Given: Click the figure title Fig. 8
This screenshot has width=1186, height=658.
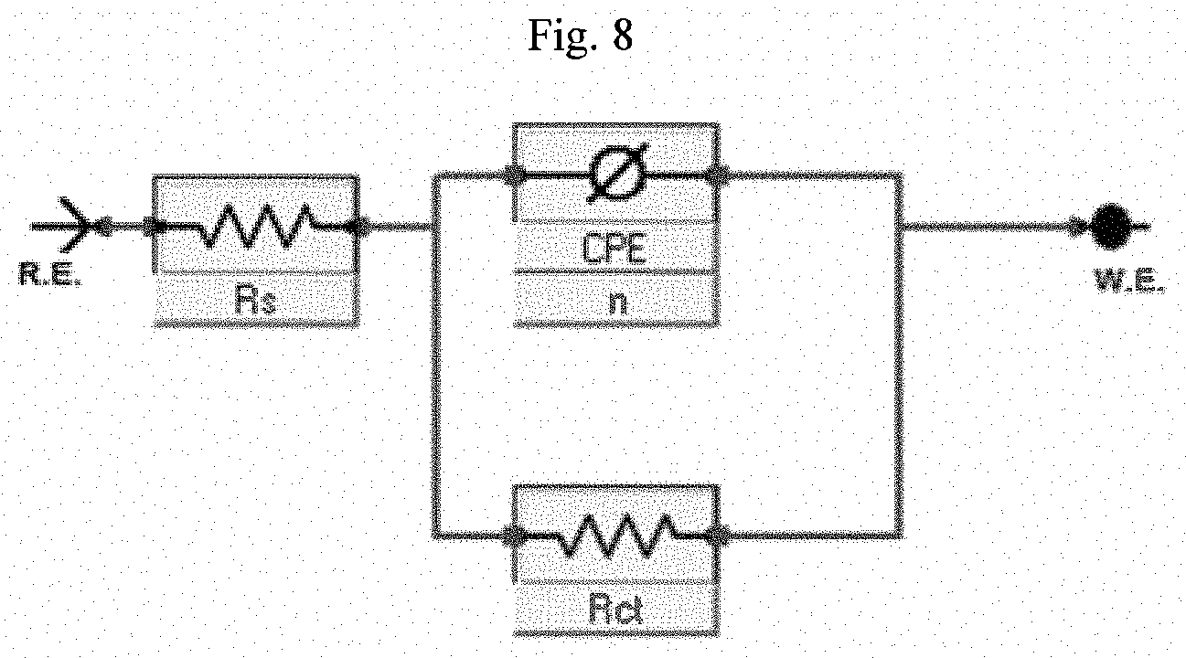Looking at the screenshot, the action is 581,35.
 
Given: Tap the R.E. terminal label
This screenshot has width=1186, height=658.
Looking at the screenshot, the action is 50,274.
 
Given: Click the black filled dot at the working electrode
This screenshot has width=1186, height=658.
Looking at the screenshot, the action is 1111,227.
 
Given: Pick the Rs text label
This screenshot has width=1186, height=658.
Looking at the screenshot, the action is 256,300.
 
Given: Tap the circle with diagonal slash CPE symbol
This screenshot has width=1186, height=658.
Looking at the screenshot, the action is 618,173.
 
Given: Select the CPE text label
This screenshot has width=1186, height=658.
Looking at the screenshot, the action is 614,249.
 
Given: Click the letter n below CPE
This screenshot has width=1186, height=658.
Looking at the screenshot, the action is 617,302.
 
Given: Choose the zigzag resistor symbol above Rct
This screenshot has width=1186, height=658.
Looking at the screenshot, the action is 615,536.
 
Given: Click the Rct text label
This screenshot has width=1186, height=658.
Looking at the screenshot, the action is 616,610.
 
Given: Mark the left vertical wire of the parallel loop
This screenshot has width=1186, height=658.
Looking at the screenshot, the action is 436,355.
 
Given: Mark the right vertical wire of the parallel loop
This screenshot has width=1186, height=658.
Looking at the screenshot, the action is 899,355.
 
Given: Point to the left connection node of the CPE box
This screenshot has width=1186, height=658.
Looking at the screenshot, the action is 514,175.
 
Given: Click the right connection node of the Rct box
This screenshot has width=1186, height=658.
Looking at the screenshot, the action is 719,536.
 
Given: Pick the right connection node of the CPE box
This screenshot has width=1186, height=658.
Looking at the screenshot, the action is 719,175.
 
